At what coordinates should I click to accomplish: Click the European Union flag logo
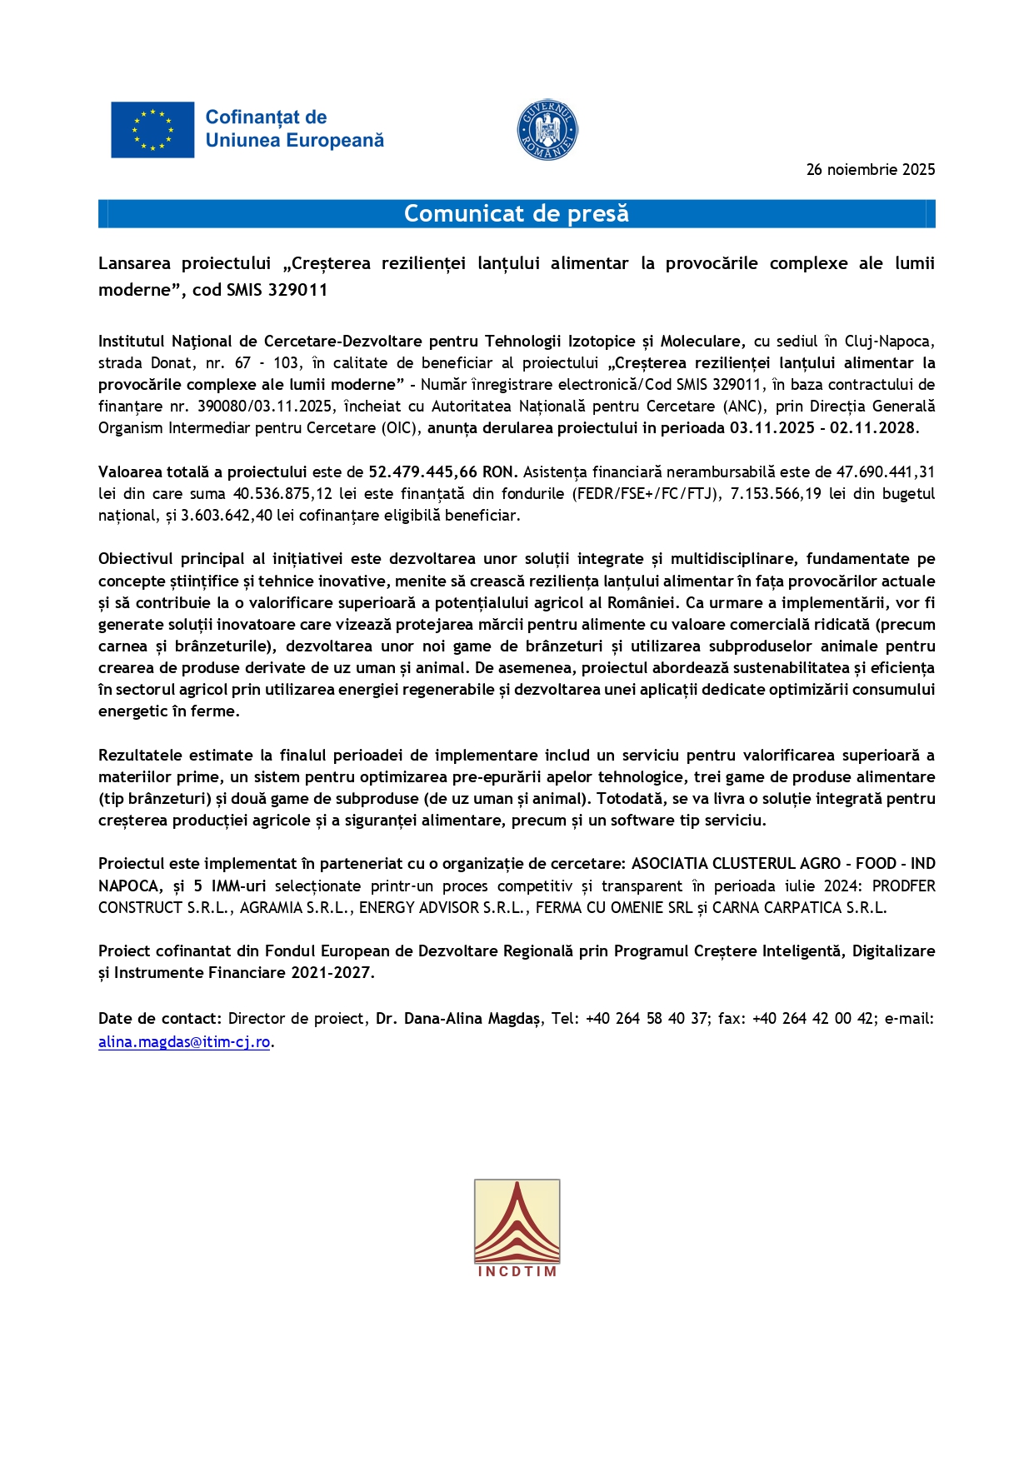tap(152, 130)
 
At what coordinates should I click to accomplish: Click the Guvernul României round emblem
tap(547, 130)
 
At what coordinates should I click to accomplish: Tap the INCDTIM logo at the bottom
tap(517, 1228)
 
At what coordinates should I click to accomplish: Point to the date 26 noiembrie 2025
tap(870, 170)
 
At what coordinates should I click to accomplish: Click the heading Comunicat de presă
tap(517, 214)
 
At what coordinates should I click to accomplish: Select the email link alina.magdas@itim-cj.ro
tap(184, 1042)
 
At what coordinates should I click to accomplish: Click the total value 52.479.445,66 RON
tap(442, 472)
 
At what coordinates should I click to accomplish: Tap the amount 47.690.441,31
tap(886, 472)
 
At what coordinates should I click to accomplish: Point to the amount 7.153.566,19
tap(776, 494)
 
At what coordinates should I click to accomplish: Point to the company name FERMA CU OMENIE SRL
tap(614, 908)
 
